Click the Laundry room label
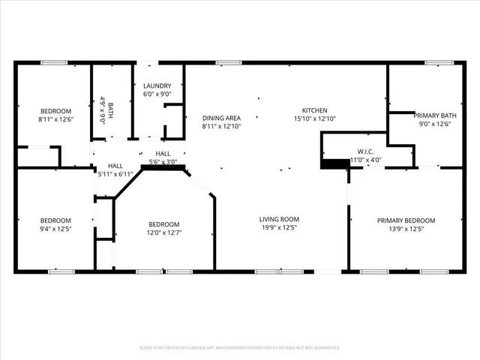coord(157,86)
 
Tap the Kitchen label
coord(314,110)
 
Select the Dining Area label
coord(221,118)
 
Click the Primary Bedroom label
coord(406,220)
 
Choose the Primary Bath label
coord(434,115)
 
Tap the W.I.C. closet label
coord(366,150)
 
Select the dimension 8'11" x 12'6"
coord(55,119)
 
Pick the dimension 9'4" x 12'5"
coord(55,229)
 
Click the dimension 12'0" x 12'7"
coord(163,232)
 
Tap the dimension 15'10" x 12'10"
coord(314,118)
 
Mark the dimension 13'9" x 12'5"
coord(406,229)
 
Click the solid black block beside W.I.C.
coord(331,163)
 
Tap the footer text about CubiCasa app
coord(240,348)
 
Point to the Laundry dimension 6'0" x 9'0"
coord(157,94)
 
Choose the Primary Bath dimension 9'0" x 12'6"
coord(434,124)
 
